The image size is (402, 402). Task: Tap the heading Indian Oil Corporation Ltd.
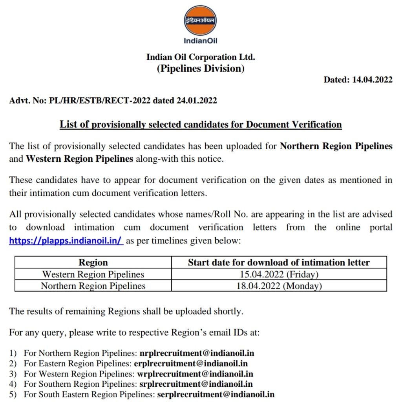pyautogui.click(x=201, y=57)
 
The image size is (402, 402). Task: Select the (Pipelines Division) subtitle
pyautogui.click(x=201, y=69)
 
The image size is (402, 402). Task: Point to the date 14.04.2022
pyautogui.click(x=372, y=80)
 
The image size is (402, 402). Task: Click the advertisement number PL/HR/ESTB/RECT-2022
pyautogui.click(x=100, y=100)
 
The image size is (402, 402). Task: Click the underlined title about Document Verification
pyautogui.click(x=201, y=125)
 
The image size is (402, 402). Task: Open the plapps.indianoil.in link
pyautogui.click(x=66, y=241)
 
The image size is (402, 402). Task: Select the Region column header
pyautogui.click(x=93, y=262)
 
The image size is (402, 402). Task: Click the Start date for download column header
pyautogui.click(x=279, y=262)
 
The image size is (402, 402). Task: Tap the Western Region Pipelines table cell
pyautogui.click(x=93, y=274)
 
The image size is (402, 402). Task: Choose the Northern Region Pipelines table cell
pyautogui.click(x=93, y=286)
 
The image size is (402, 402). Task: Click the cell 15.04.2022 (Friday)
pyautogui.click(x=279, y=274)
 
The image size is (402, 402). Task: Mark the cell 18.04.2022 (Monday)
pyautogui.click(x=279, y=286)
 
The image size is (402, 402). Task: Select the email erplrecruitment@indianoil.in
pyautogui.click(x=191, y=364)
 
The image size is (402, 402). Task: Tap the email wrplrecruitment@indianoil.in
pyautogui.click(x=195, y=374)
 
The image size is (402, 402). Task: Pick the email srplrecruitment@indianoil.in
pyautogui.click(x=196, y=384)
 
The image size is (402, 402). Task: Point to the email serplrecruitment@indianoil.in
pyautogui.click(x=216, y=394)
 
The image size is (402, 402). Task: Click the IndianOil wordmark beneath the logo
pyautogui.click(x=200, y=40)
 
